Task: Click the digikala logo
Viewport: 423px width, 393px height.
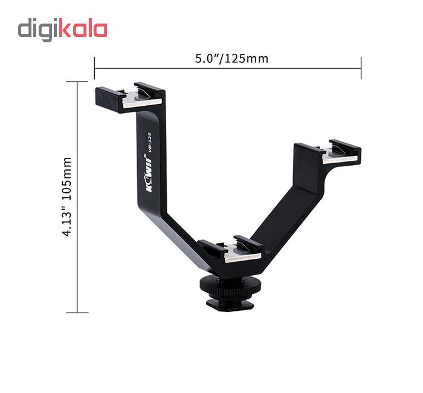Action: pyautogui.click(x=63, y=30)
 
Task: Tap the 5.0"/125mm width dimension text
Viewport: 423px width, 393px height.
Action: pyautogui.click(x=231, y=59)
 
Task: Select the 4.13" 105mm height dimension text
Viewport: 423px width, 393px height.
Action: pyautogui.click(x=67, y=197)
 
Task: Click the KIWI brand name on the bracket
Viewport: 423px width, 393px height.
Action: pyautogui.click(x=149, y=173)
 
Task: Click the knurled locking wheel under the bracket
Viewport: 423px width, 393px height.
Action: pyautogui.click(x=227, y=287)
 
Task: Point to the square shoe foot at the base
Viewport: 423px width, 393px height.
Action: pyautogui.click(x=230, y=305)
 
